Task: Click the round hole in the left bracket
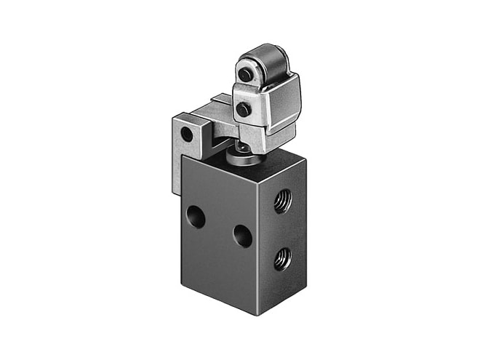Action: coord(187,135)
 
